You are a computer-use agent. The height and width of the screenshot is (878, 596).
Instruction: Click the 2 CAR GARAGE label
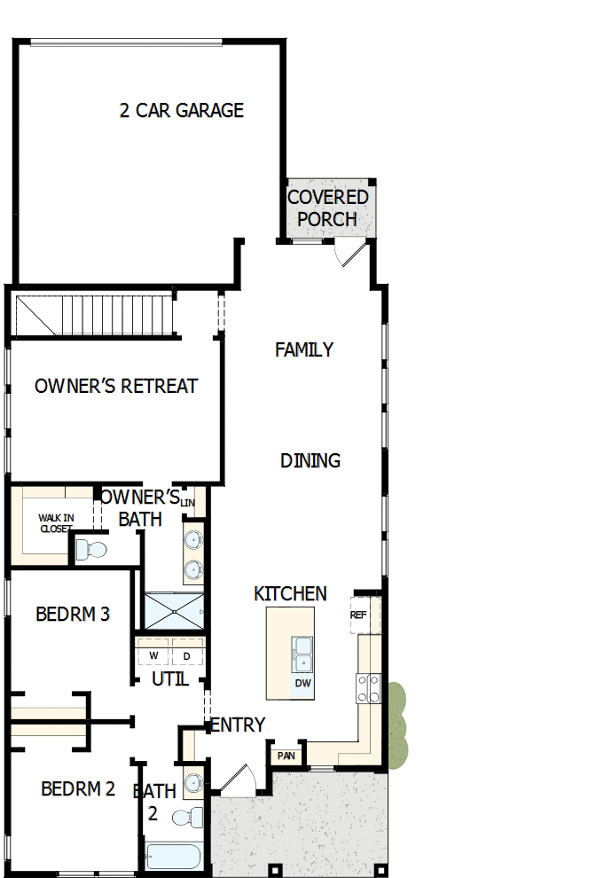pos(182,111)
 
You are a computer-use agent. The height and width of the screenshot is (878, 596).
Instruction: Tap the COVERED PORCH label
pos(327,208)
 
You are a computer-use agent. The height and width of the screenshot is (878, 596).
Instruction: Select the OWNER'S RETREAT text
pos(116,387)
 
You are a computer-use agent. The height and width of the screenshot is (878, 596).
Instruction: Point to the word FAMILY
pos(304,350)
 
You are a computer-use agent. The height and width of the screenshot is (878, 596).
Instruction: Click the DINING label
pos(310,461)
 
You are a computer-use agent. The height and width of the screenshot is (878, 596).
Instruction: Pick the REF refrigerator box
pos(359,615)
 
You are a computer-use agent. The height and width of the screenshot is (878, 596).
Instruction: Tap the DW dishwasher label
pos(302,684)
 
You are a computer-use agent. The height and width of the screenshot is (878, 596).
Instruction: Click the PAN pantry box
pos(286,756)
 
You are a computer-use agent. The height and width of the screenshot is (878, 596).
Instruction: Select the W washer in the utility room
pos(153,656)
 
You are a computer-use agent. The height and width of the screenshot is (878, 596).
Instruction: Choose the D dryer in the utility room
pos(186,656)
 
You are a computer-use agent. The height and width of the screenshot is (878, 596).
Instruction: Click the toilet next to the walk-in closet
pos(90,550)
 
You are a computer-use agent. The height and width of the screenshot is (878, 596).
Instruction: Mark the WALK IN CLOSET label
pos(55,522)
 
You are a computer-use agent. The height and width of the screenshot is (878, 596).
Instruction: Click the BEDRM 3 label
pos(73,614)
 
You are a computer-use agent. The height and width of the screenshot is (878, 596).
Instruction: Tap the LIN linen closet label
pos(187,503)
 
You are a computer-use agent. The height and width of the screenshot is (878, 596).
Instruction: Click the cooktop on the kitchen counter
pos(369,688)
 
